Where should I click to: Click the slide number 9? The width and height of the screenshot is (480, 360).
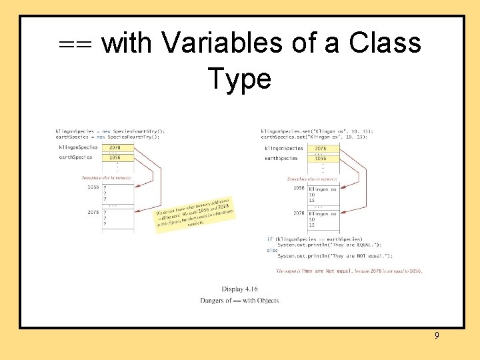pos(437,335)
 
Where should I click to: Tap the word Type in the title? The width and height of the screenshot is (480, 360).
pos(239,79)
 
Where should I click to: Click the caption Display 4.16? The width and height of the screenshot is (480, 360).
pos(239,289)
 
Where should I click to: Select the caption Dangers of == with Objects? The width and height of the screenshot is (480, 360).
pos(239,301)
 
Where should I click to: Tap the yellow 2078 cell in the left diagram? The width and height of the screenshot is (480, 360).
pos(115,147)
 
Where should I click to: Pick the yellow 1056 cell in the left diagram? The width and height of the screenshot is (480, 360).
pos(115,157)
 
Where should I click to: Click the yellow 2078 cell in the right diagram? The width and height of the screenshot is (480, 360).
pos(321,148)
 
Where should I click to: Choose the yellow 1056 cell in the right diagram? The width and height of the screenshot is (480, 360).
pos(321,158)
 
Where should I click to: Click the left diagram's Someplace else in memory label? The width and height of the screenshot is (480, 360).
pos(106,178)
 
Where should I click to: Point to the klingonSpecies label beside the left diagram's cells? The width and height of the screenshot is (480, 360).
pos(78,147)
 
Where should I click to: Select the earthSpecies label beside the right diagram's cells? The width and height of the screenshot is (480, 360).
pos(281,158)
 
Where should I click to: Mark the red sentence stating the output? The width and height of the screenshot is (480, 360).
pos(349,271)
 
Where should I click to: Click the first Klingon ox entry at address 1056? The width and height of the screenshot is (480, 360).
pos(323,189)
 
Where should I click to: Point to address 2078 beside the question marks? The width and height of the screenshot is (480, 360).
pos(93,212)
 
